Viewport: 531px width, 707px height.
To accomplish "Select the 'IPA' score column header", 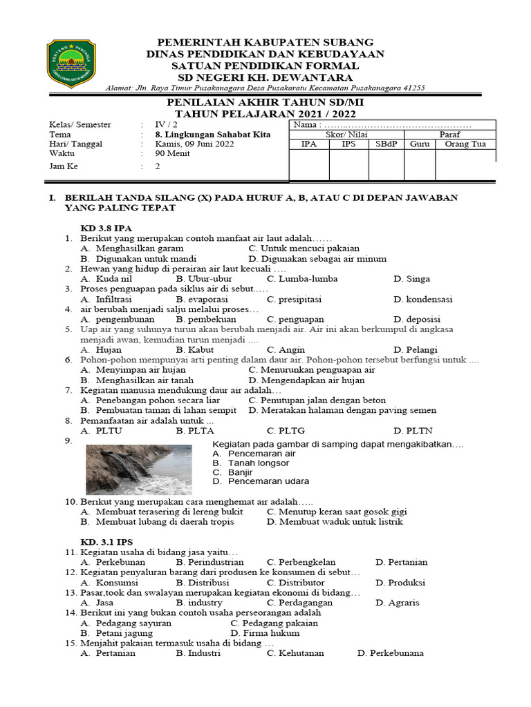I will [308, 144].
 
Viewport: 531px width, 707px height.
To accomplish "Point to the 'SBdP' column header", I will [386, 144].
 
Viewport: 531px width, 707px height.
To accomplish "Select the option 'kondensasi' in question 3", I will [423, 299].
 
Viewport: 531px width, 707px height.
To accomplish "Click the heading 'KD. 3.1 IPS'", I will [107, 542].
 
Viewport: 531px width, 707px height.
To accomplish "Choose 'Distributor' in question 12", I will [295, 582].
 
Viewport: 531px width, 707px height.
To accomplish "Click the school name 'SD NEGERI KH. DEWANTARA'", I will [266, 77].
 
